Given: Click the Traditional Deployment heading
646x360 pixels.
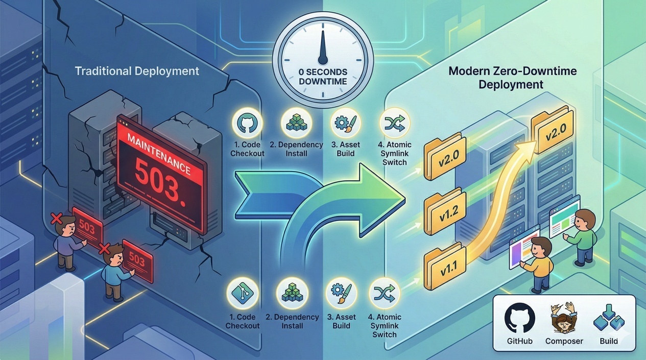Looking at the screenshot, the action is [x=137, y=71].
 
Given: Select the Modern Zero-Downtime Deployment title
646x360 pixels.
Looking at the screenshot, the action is [x=513, y=78].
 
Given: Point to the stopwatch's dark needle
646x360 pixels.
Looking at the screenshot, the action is [x=323, y=47].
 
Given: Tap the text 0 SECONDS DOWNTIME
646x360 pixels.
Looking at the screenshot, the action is [x=323, y=77].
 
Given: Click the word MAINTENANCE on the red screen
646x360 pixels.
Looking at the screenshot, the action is [x=159, y=154].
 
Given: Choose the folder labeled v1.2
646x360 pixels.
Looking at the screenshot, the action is [x=445, y=211].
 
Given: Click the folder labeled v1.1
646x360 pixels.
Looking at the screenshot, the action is [x=445, y=266].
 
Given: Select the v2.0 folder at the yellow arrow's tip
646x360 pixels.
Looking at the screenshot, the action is [x=552, y=130].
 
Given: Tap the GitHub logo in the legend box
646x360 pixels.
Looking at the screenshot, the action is [x=519, y=318].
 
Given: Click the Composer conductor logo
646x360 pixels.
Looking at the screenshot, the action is [x=563, y=318].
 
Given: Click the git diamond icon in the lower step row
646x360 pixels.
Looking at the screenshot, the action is [x=243, y=293].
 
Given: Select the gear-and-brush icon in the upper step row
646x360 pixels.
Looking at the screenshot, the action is [x=346, y=124].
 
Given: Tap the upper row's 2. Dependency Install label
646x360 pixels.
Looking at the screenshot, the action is [x=296, y=149].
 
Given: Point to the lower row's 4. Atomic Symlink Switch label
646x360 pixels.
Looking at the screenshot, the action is [x=385, y=326].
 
